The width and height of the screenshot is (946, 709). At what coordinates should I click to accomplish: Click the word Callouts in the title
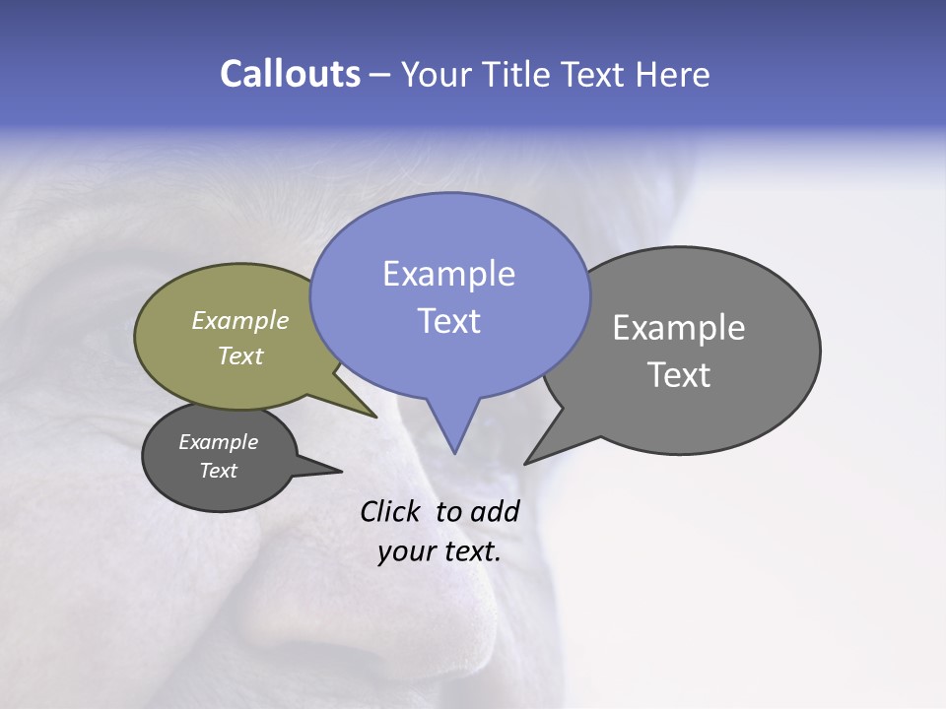290,75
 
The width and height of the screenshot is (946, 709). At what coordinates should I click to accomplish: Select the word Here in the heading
670,75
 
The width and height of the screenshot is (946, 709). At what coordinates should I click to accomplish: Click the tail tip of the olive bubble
374,416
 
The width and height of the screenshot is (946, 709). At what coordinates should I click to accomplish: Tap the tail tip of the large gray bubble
526,462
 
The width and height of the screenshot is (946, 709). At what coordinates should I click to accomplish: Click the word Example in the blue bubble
448,274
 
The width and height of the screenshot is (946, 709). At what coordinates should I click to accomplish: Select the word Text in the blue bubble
448,321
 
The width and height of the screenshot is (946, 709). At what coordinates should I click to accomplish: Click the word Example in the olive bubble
240,321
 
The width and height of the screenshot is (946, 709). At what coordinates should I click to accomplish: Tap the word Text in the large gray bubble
679,375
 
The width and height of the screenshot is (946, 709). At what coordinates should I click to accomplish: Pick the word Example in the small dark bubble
219,442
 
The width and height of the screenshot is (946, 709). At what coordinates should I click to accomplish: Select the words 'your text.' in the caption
439,552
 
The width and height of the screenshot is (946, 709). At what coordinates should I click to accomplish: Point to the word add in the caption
496,512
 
